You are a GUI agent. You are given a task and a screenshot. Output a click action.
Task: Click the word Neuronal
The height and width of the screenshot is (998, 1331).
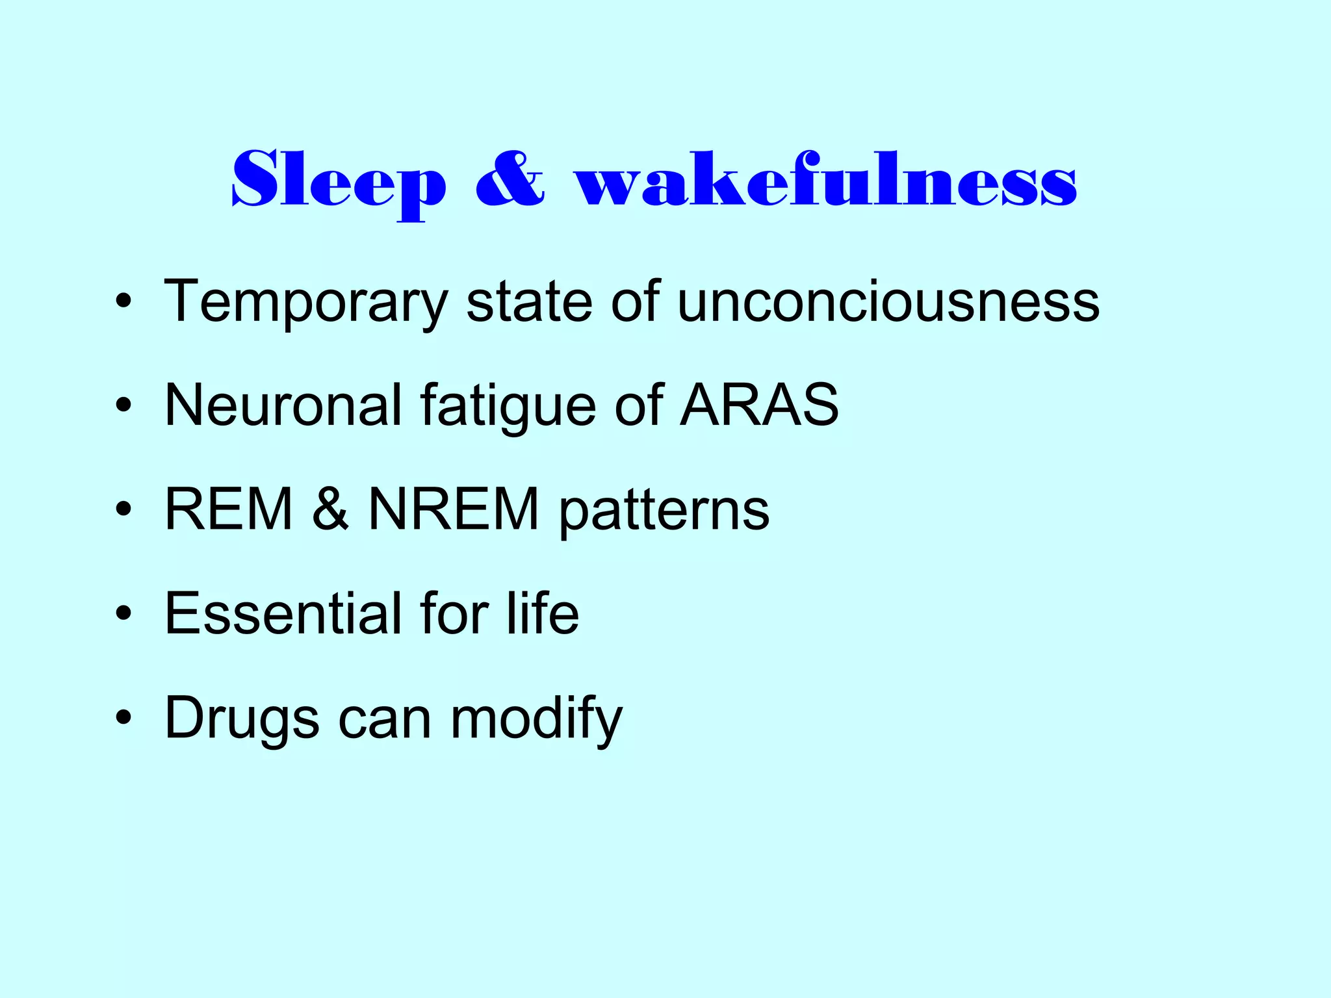click(x=283, y=405)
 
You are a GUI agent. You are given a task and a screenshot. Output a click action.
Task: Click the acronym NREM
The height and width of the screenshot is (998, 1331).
click(x=454, y=509)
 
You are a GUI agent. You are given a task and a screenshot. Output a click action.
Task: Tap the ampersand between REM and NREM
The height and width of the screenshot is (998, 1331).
click(x=330, y=509)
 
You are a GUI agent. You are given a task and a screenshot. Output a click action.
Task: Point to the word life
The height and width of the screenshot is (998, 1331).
click(x=543, y=613)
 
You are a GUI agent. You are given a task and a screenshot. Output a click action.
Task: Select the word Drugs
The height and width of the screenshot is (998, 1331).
click(x=242, y=720)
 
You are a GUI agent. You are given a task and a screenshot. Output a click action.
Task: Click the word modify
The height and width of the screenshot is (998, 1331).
click(x=536, y=720)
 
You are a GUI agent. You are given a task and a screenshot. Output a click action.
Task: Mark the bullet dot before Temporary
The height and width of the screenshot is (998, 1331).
click(x=123, y=303)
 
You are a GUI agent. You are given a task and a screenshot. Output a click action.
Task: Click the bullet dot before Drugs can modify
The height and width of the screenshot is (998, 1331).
click(x=123, y=719)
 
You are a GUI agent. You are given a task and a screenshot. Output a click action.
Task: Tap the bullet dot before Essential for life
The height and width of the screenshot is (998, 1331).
click(x=123, y=614)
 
